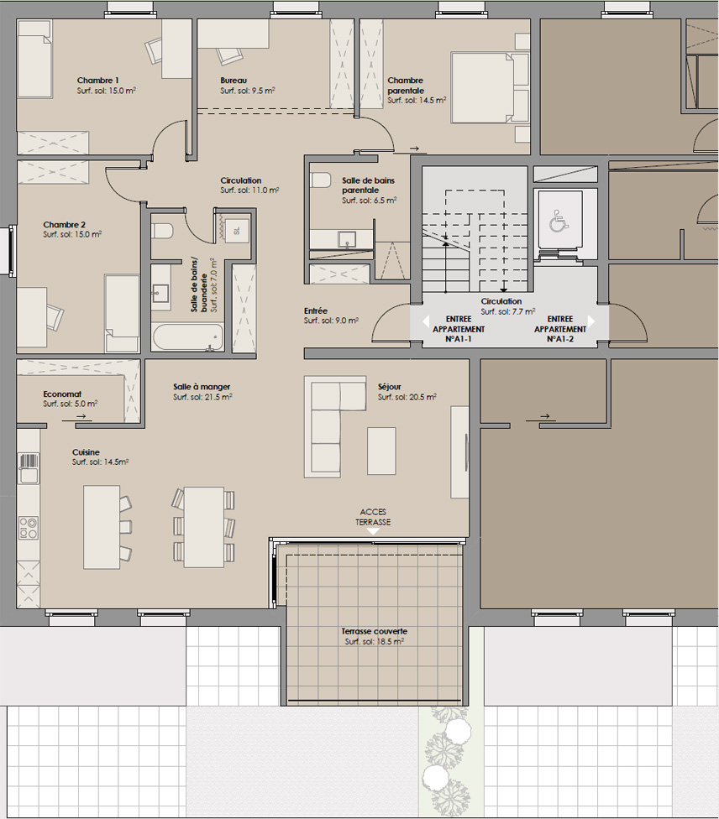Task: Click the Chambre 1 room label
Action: coord(97,81)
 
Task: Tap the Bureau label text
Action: coord(234,81)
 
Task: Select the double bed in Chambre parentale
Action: coord(490,88)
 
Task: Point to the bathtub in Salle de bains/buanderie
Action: coord(187,337)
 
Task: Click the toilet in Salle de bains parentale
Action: coord(320,180)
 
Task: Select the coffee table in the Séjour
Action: coord(381,451)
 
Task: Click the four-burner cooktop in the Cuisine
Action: coord(29,528)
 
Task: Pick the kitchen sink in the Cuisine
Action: coord(29,468)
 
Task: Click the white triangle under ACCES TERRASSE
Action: coord(373,531)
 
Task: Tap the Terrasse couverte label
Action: coord(374,632)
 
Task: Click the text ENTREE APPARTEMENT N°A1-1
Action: coord(459,329)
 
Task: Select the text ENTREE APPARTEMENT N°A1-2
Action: coord(560,329)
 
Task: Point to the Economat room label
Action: coord(62,394)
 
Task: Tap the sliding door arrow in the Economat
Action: coord(81,416)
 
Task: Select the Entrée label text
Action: coord(316,310)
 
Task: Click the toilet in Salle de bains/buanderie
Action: coord(162,231)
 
